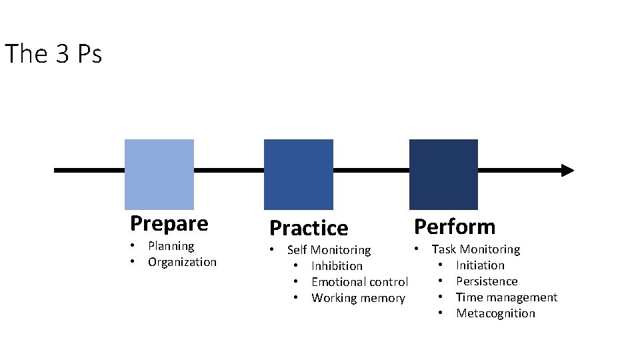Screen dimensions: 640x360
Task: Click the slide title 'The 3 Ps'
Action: coord(53,53)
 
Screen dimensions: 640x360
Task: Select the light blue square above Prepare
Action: coord(159,174)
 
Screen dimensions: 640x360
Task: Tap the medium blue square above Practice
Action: coord(299,174)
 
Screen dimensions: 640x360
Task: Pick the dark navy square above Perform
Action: coord(444,174)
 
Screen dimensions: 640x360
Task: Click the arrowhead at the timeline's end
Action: coord(568,170)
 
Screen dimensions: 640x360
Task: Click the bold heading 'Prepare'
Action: coord(169,224)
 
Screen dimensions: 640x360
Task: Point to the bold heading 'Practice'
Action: coord(309,228)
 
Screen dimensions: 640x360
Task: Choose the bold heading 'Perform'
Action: coord(455,227)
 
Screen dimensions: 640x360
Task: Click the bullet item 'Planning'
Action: coord(171,246)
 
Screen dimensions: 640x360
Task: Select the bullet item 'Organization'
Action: coord(182,262)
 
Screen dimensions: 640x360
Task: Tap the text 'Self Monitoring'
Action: coord(329,250)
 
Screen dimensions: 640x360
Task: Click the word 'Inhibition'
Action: coord(337,266)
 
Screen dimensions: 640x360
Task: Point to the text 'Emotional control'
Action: coord(359,281)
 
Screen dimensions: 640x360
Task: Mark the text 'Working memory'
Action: coord(359,298)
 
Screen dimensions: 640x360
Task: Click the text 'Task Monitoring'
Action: coord(476,249)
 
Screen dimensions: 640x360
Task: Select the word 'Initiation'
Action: coord(480,265)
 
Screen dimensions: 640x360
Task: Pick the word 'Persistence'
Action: coord(487,281)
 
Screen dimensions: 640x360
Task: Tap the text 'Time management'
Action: coord(507,297)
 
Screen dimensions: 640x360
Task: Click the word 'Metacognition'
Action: coord(495,313)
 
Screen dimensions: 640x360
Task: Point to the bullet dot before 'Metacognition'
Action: coord(441,313)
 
